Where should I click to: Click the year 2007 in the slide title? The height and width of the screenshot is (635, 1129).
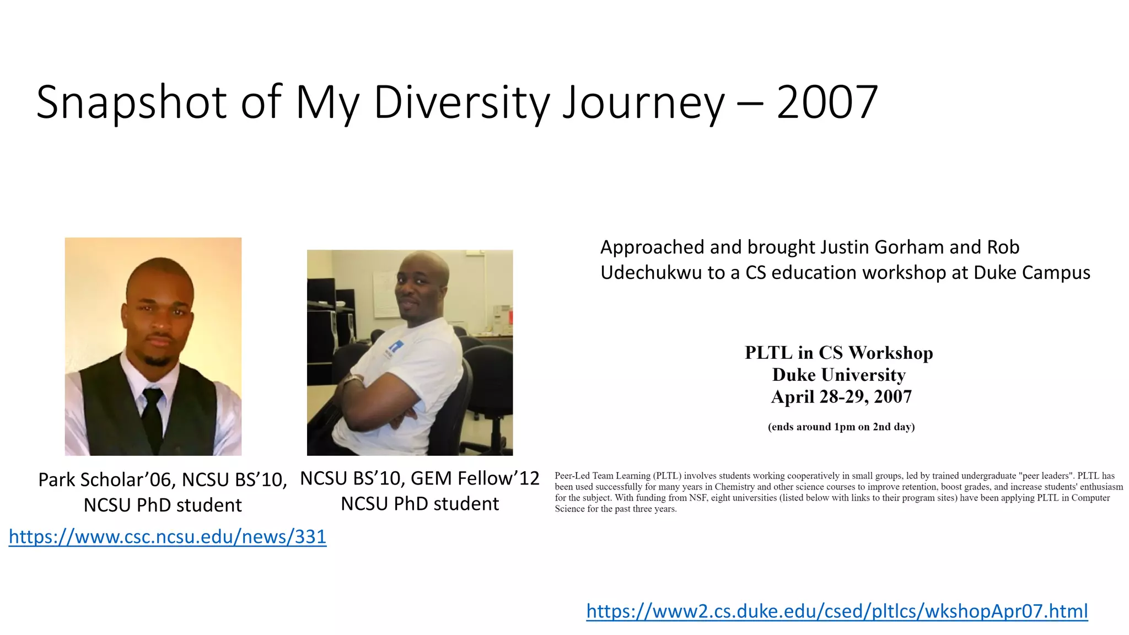click(x=827, y=103)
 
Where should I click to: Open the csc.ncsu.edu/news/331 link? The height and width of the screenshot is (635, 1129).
click(x=168, y=536)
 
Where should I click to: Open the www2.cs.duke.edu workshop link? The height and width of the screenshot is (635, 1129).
click(x=837, y=611)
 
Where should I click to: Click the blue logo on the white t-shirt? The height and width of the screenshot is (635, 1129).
click(x=395, y=347)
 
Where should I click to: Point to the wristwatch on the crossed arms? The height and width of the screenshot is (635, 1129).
click(x=353, y=380)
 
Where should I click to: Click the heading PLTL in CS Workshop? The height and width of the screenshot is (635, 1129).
click(x=838, y=353)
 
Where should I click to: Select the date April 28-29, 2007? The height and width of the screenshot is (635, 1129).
click(x=841, y=397)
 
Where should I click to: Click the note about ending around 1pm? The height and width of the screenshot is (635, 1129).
click(x=841, y=427)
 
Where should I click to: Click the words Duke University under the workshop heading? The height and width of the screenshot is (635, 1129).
click(x=838, y=375)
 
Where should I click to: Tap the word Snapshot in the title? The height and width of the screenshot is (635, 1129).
click(x=131, y=103)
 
